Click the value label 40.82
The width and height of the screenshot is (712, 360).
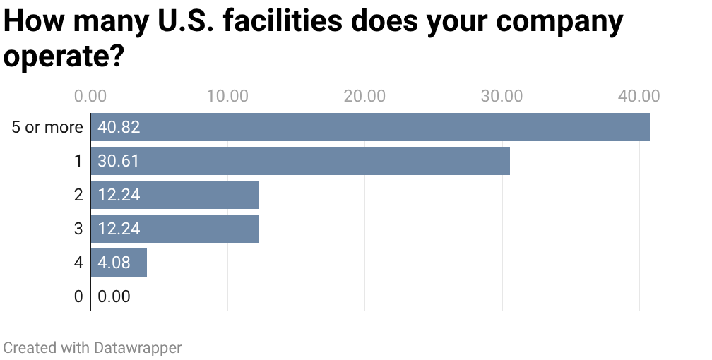[x=119, y=127]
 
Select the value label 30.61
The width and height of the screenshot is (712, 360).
[x=118, y=161]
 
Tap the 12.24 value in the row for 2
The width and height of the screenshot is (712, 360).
[x=119, y=195]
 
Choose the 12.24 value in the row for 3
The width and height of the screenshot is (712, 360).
[x=119, y=229]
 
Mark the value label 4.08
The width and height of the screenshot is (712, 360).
[x=114, y=263]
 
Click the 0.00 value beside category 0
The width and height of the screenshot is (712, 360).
[x=114, y=296]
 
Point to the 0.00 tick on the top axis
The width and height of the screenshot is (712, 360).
[x=90, y=96]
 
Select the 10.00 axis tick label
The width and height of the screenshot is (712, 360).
[x=227, y=96]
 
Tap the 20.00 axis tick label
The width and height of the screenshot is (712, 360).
[x=364, y=96]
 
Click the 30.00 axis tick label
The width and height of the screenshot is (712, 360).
[x=502, y=96]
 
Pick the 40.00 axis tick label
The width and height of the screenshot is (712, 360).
[x=639, y=96]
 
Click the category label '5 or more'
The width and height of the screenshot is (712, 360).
[x=47, y=128]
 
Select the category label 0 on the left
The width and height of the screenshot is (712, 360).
[x=78, y=296]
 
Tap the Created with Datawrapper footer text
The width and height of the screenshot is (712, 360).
[x=92, y=347]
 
